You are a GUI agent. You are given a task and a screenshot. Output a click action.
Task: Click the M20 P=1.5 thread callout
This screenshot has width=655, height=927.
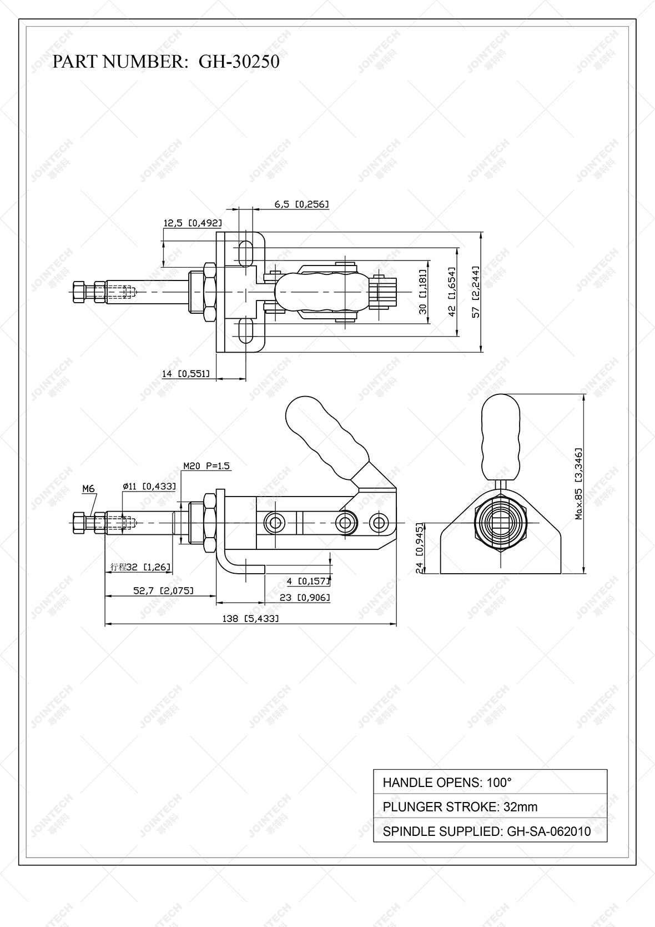point(206,466)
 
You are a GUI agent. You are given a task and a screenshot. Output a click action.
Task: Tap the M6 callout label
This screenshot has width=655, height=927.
point(89,489)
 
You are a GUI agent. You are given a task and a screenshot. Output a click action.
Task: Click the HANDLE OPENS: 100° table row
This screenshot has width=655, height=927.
point(490,782)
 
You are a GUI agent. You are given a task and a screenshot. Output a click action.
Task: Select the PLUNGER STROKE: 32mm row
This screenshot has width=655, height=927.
point(490,806)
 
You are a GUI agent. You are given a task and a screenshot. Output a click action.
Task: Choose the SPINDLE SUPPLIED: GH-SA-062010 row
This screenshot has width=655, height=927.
point(490,831)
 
